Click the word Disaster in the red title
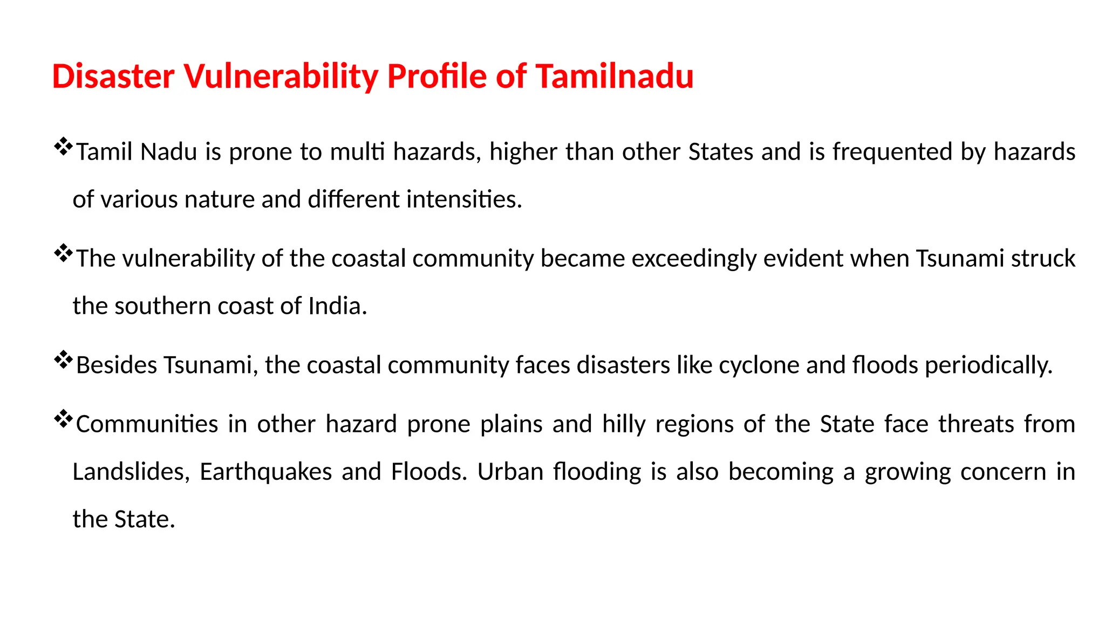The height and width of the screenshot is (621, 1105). click(x=113, y=76)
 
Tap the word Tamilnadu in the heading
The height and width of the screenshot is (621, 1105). click(x=615, y=76)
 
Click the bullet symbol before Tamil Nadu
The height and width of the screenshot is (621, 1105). click(x=63, y=147)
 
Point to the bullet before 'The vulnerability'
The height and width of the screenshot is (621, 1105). click(x=63, y=254)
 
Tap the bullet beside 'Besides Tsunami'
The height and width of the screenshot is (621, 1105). click(x=63, y=361)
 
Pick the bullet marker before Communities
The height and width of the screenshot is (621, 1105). click(x=63, y=419)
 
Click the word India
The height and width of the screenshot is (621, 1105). click(x=337, y=306)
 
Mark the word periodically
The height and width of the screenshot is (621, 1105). click(x=988, y=365)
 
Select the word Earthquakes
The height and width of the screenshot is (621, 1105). click(x=265, y=472)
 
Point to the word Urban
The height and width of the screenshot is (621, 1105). click(x=510, y=472)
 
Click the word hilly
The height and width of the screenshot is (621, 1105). click(x=624, y=424)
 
